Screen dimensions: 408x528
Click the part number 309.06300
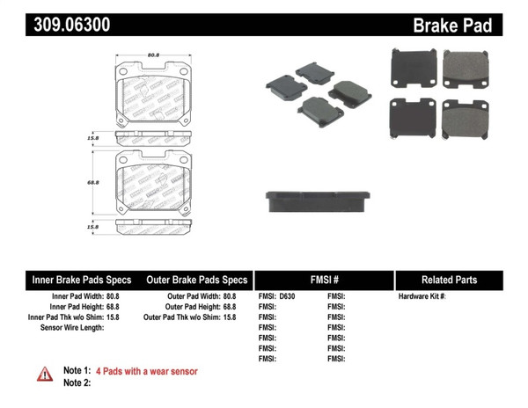[59, 25]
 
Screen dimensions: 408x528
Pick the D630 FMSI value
[288, 296]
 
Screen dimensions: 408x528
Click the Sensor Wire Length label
[72, 328]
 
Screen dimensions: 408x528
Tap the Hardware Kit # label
[422, 296]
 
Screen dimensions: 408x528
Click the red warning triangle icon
[44, 374]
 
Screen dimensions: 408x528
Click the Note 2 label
[77, 383]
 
